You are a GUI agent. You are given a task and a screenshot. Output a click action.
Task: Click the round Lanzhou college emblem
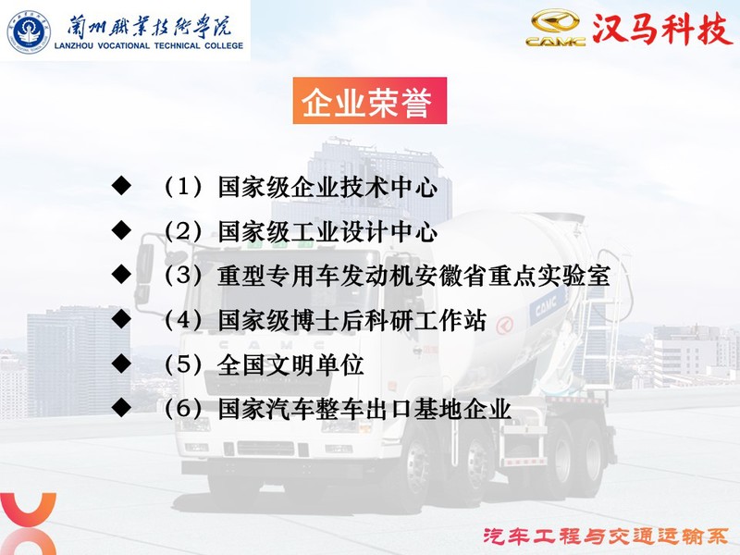coord(29,32)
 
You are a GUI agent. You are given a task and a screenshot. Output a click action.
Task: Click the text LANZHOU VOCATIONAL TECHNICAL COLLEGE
coord(149,45)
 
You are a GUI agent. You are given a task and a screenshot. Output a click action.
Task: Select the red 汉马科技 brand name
coord(660,30)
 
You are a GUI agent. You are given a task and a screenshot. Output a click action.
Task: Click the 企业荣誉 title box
coord(369,101)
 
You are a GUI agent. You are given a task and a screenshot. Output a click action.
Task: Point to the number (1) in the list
coord(183,187)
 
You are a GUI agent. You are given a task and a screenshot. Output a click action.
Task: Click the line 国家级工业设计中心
coord(327,232)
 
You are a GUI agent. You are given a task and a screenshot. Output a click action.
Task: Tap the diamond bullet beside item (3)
coord(121,274)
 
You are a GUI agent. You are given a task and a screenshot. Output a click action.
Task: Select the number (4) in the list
coord(183,320)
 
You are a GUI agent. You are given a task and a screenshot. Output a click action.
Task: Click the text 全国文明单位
coord(290,364)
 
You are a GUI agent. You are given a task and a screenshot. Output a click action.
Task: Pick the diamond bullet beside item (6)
coord(121,407)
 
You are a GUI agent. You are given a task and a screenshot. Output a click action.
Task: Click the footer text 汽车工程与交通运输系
coord(606,536)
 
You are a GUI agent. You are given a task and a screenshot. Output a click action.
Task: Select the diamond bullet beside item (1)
coord(121,186)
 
